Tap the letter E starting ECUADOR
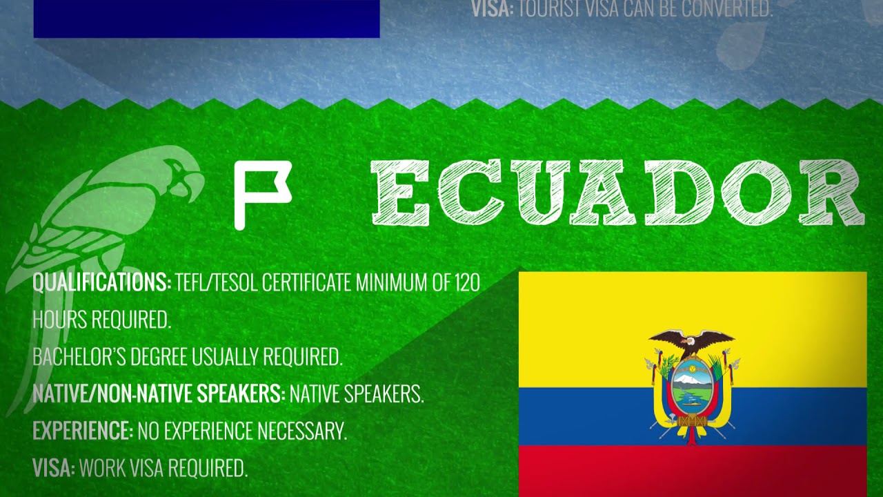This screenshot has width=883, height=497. click(x=399, y=193)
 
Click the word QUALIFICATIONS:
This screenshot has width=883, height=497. click(x=102, y=282)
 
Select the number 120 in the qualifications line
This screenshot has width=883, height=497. click(x=468, y=282)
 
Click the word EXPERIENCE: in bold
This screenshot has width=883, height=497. click(x=83, y=430)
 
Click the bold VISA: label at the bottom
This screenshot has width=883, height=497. click(x=54, y=468)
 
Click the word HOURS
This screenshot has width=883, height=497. click(x=59, y=319)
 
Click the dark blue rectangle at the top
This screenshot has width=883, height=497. click(x=206, y=19)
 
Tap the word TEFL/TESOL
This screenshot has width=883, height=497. click(x=217, y=282)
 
